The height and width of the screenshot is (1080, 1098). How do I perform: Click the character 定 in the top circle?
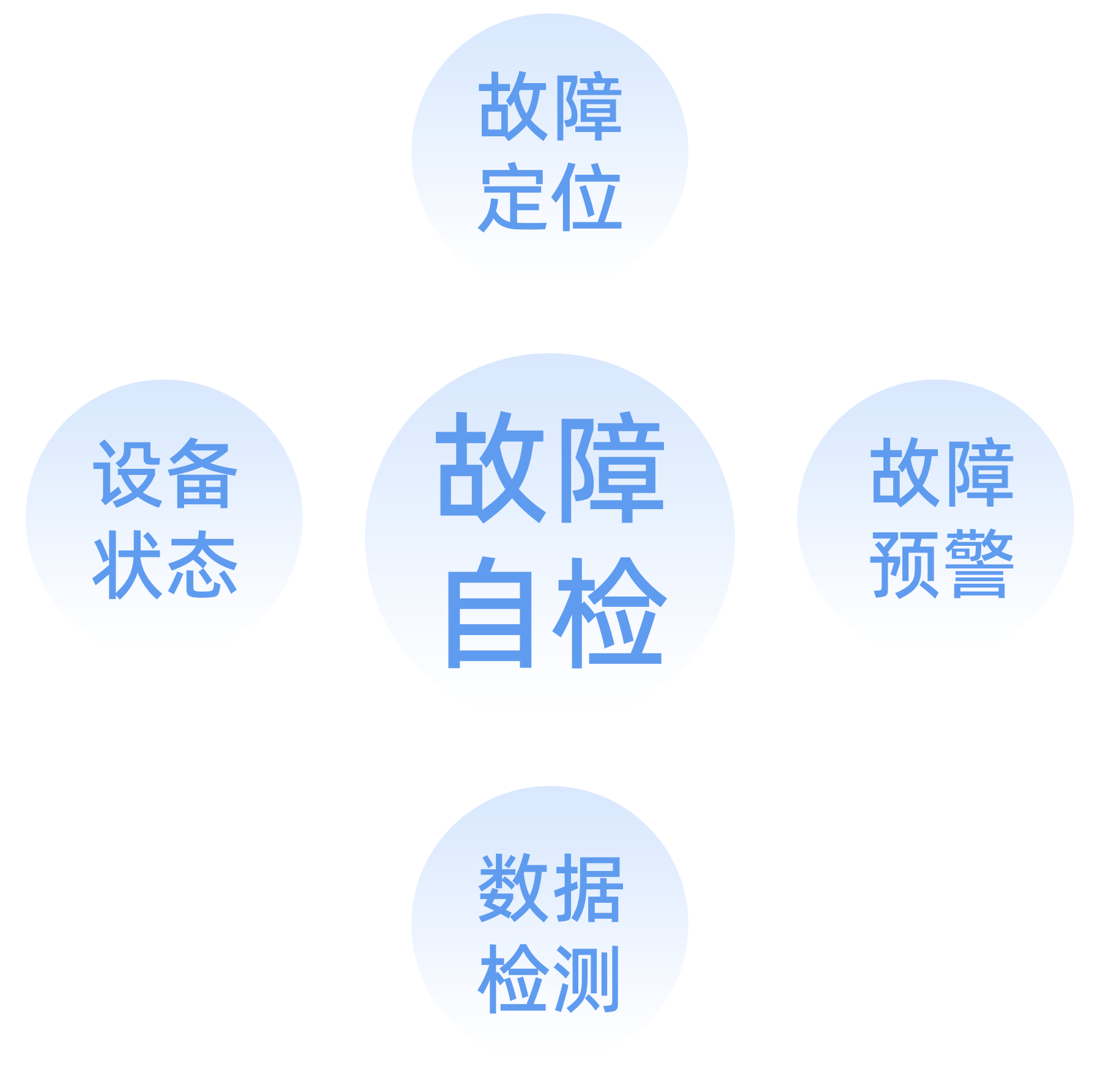click(512, 197)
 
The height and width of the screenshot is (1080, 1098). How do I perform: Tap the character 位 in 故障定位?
click(587, 197)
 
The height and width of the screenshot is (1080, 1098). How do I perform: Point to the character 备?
click(201, 474)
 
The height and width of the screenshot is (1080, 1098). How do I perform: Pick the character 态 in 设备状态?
click(201, 564)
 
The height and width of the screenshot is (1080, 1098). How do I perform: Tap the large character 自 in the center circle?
click(490, 613)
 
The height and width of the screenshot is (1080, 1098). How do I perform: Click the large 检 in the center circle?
click(609, 613)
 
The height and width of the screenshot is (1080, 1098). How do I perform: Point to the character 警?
click(978, 564)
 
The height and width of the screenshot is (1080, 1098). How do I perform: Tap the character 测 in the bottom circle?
click(587, 978)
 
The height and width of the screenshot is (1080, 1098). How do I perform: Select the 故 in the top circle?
click(512, 106)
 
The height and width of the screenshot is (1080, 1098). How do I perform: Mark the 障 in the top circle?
click(587, 106)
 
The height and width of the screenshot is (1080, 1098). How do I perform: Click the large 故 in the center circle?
click(490, 468)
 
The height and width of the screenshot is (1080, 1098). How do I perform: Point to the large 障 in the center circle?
click(609, 468)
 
